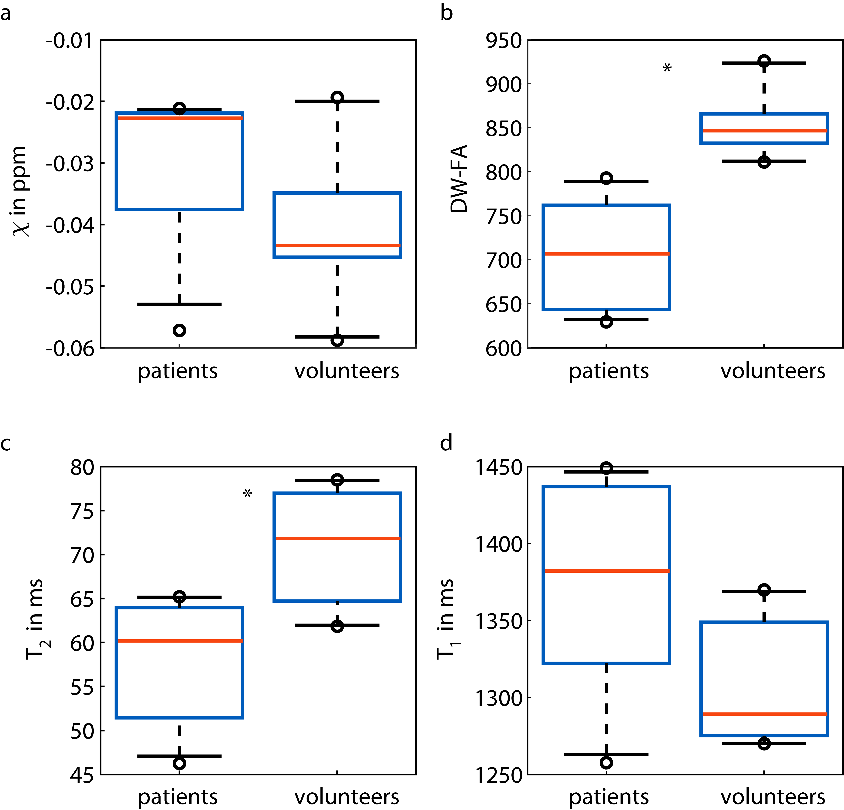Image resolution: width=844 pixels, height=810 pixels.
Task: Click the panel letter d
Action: [x=446, y=443]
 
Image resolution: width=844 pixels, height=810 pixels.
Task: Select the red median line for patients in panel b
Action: [x=606, y=254]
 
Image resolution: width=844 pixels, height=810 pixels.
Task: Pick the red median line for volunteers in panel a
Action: [x=337, y=245]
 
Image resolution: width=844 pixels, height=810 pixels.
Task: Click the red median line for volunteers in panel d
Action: [x=764, y=714]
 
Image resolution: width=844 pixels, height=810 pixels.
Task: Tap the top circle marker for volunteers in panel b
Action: [x=764, y=61]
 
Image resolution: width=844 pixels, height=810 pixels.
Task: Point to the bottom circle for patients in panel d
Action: [x=606, y=763]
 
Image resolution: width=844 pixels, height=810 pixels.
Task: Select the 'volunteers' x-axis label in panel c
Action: [x=347, y=797]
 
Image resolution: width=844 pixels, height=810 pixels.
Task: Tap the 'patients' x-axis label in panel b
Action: [x=608, y=371]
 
